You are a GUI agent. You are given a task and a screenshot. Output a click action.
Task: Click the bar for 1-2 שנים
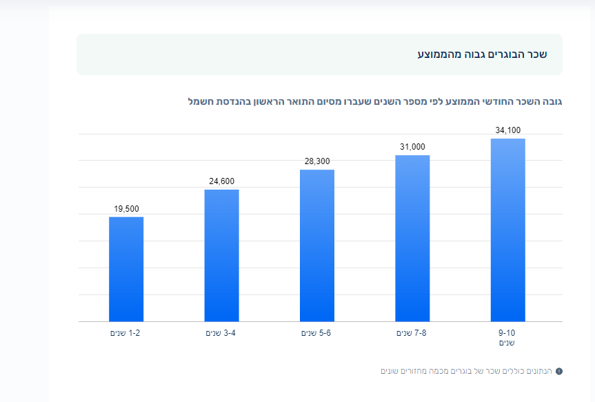point(126,269)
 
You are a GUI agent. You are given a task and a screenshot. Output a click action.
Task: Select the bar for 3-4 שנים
point(221,255)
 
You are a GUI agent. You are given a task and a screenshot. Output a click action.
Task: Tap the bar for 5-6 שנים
point(317,245)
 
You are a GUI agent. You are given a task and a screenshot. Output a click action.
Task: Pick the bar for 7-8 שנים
point(412,238)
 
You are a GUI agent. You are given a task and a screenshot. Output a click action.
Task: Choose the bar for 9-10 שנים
point(508,230)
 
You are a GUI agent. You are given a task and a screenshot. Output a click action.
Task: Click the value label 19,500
point(126,209)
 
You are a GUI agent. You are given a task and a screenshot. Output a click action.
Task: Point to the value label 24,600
point(221,181)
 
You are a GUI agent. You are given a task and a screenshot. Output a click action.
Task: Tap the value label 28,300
point(317,161)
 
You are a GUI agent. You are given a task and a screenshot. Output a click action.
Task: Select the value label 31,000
point(412,147)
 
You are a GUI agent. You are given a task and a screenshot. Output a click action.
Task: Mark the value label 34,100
point(508,130)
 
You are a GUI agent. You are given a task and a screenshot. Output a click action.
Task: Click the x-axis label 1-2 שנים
point(125,333)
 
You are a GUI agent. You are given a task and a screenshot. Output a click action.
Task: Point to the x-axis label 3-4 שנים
point(221,333)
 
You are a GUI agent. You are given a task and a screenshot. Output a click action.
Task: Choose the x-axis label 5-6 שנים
point(316,333)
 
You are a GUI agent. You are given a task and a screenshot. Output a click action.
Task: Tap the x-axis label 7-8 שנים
point(412,333)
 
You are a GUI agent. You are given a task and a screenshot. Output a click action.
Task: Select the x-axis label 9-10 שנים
point(508,337)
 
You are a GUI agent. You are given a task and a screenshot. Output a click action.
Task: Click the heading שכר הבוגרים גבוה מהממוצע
point(482,54)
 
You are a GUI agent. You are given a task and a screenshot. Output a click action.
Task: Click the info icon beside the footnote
point(559,372)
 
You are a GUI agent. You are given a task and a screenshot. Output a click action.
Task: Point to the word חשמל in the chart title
point(200,102)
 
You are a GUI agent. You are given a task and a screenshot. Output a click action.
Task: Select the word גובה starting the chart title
point(552,102)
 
